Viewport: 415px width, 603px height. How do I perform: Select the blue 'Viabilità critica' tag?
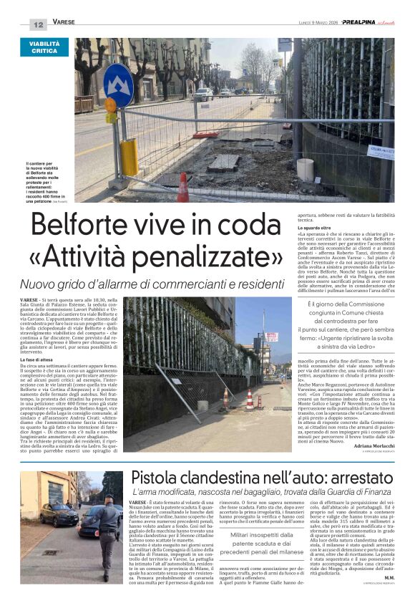coord(44,47)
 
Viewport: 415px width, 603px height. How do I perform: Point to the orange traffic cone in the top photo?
coord(183,188)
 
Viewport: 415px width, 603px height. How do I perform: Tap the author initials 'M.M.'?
coord(389,577)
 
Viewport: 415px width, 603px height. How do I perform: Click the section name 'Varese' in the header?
coord(64,23)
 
